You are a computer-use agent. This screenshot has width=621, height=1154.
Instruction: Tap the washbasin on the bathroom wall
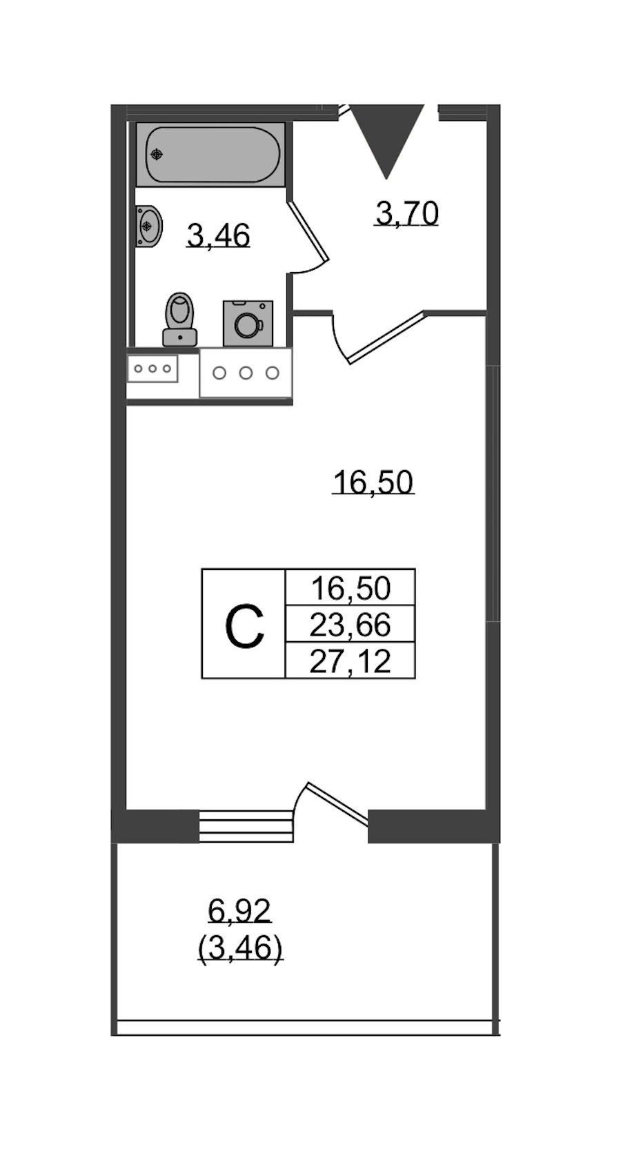[148, 226]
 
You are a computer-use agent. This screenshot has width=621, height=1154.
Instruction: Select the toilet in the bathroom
[179, 320]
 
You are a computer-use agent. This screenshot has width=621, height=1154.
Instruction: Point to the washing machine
[248, 324]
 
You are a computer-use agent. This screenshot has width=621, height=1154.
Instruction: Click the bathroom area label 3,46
[218, 236]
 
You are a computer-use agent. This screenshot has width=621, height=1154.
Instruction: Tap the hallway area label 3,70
[407, 213]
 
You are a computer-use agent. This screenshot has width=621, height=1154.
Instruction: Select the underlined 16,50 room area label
[373, 482]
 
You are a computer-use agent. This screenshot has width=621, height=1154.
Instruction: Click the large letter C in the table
[244, 627]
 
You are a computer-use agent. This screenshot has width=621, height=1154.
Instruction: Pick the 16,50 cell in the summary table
[351, 588]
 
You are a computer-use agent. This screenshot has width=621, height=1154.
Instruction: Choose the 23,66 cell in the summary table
[351, 625]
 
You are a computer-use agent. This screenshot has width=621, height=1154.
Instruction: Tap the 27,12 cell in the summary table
[351, 661]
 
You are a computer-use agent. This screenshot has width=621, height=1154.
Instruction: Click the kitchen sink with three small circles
[152, 369]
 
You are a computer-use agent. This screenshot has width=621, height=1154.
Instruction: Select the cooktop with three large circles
[246, 373]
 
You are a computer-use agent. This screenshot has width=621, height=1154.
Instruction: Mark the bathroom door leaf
[308, 231]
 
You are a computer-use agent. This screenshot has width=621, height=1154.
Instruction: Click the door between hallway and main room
[387, 337]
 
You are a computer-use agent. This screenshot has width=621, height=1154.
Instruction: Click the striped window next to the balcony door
[246, 826]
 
